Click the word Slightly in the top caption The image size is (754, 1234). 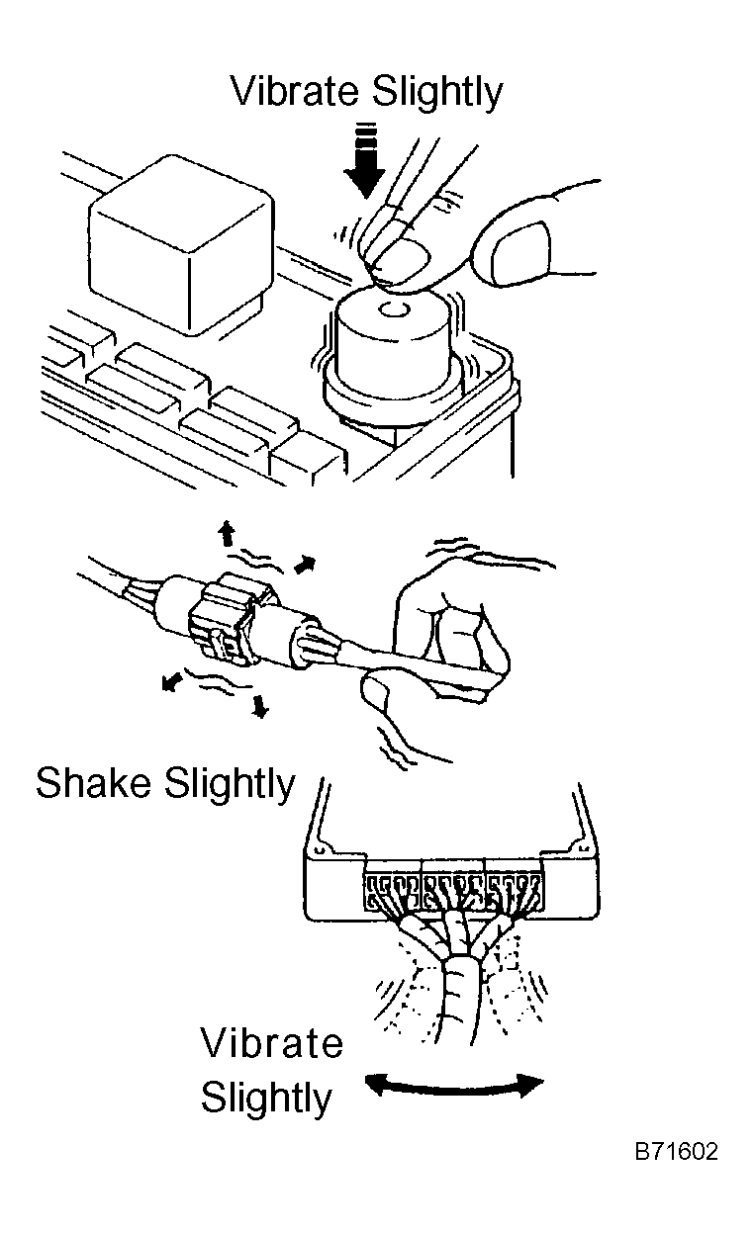437,93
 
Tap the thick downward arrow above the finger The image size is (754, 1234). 365,161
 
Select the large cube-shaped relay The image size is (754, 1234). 182,244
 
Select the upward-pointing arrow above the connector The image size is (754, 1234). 226,533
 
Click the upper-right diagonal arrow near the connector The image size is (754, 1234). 306,565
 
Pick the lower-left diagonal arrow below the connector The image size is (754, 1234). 172,682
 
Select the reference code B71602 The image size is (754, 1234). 676,1151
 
